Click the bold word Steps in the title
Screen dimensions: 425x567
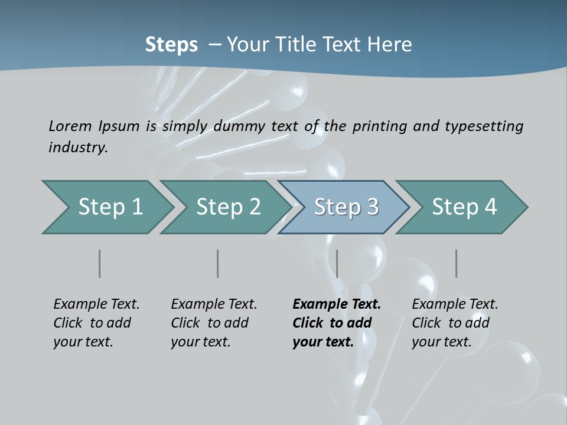pos(171,44)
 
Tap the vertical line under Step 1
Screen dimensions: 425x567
pos(99,263)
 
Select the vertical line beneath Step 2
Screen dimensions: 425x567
pos(217,263)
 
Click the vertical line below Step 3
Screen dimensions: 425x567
pos(337,263)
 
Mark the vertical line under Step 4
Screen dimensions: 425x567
pos(456,263)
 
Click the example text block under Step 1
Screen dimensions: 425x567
pos(96,323)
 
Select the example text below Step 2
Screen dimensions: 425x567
pos(214,323)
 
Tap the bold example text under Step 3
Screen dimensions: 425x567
pos(337,323)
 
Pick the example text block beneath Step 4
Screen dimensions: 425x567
pos(455,323)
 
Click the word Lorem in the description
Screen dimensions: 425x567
pos(70,126)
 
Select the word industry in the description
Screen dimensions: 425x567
pos(77,147)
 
